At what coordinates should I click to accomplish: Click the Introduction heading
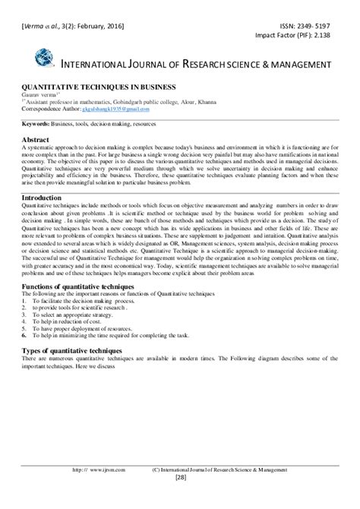(x=43, y=198)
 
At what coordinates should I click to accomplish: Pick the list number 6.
(x=25, y=333)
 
